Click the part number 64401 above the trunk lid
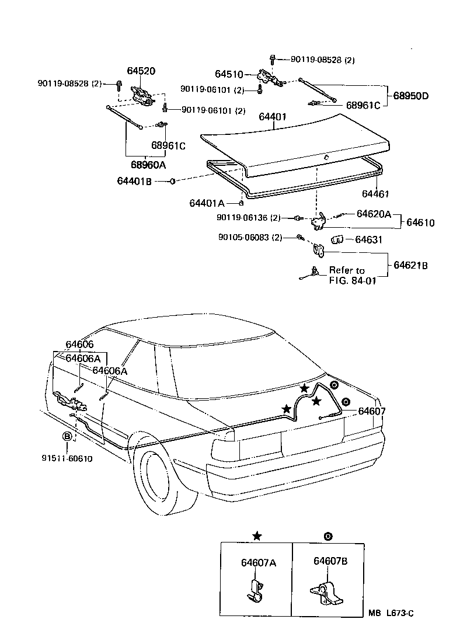tap(272, 117)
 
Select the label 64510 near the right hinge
tap(229, 74)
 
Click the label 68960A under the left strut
tap(148, 165)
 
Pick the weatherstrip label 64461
tap(375, 194)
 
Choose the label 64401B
tap(135, 182)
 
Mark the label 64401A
tap(207, 203)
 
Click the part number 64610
tap(420, 222)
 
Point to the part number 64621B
tap(410, 265)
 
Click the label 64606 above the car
tap(79, 345)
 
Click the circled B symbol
tap(67, 436)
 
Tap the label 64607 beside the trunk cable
tap(372, 411)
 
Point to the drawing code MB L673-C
tap(391, 613)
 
